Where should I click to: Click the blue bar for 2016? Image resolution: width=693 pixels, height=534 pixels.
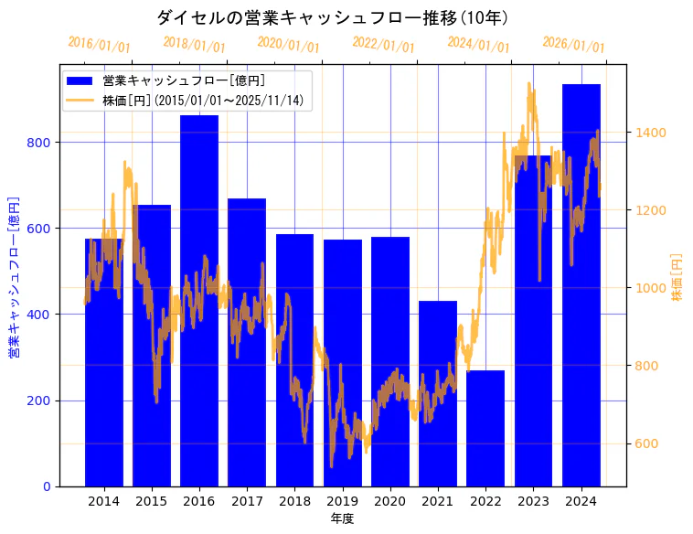(x=199, y=302)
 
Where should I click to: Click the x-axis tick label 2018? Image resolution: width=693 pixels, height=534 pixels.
(x=294, y=500)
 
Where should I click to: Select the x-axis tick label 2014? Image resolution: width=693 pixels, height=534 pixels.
(x=103, y=500)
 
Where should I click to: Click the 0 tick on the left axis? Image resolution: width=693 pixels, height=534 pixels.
(x=48, y=486)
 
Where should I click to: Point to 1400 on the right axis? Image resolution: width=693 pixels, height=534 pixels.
(x=650, y=133)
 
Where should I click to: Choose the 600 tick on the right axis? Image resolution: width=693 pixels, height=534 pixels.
(x=647, y=444)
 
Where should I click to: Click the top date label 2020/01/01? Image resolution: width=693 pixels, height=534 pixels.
(x=288, y=44)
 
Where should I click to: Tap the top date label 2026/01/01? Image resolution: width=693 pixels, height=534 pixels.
(x=573, y=45)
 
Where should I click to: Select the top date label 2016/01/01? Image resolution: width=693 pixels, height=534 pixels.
(x=99, y=44)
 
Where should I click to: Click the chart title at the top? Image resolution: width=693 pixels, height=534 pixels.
(x=333, y=17)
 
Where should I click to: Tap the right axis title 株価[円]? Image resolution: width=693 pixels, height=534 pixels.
(x=677, y=276)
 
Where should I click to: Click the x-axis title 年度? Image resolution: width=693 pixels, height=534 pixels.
(x=342, y=518)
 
